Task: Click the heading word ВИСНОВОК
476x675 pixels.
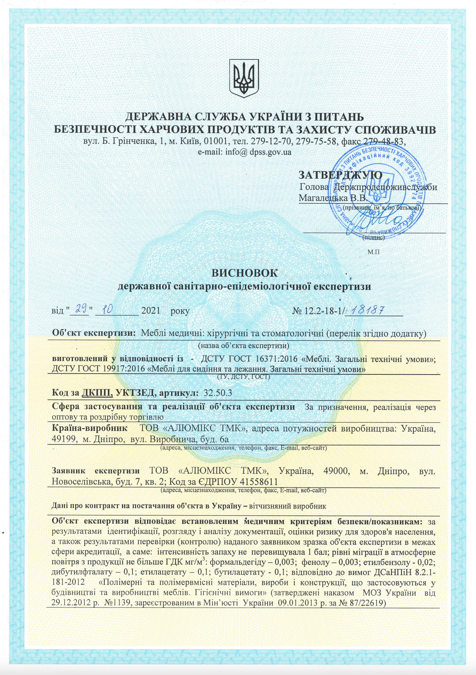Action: click(x=244, y=273)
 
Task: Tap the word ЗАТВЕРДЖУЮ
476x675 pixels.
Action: click(x=340, y=175)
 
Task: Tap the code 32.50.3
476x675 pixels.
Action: click(x=218, y=393)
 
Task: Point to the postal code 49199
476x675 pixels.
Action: click(x=64, y=439)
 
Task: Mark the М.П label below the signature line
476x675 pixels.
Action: click(x=373, y=252)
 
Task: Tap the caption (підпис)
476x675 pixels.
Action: click(x=373, y=238)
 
